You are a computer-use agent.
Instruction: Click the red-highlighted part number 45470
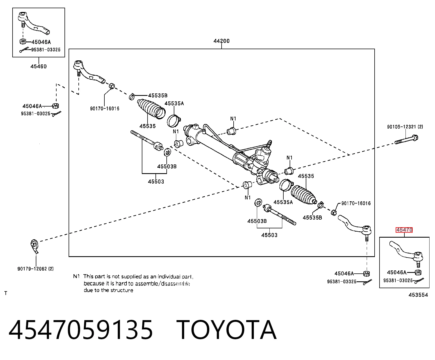(x=404, y=230)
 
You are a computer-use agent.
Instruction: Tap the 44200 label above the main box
(x=221, y=41)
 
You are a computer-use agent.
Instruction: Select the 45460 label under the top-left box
(x=39, y=66)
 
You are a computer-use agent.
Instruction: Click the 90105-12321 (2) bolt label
(x=405, y=127)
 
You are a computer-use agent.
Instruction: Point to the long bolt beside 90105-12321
(x=406, y=140)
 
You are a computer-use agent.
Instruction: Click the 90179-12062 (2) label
(x=36, y=269)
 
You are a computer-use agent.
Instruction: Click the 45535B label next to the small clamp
(x=158, y=95)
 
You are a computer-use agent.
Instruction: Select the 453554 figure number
(x=418, y=295)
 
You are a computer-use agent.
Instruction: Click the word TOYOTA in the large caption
(x=227, y=331)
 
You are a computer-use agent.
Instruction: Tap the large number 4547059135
(x=81, y=331)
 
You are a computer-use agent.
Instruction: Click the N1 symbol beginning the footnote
(x=76, y=276)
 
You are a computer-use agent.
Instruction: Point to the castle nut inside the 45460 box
(x=22, y=42)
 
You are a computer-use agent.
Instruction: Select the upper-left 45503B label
(x=167, y=166)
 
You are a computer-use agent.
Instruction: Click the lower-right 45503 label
(x=269, y=235)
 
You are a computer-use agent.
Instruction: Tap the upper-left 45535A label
(x=174, y=104)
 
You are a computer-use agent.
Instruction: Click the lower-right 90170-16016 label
(x=356, y=203)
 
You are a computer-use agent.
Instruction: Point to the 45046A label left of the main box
(x=32, y=106)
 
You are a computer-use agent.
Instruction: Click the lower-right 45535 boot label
(x=306, y=176)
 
